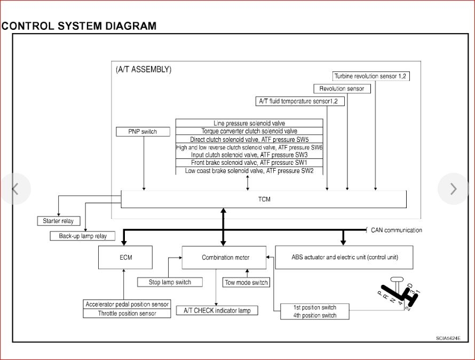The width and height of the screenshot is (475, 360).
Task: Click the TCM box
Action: tap(264, 199)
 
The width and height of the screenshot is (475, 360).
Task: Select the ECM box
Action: tap(126, 258)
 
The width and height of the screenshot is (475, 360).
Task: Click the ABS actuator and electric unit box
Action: tap(344, 257)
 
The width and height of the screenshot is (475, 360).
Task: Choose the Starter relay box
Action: tap(58, 221)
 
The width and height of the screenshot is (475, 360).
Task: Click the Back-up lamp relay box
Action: tap(83, 236)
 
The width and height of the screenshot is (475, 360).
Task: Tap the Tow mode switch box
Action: tap(246, 283)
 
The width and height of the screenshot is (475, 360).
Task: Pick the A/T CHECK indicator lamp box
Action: tap(217, 310)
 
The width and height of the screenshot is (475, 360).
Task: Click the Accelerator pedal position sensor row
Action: tap(127, 304)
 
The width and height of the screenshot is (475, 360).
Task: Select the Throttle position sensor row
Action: tap(127, 314)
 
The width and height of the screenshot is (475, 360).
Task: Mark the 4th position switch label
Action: tap(315, 315)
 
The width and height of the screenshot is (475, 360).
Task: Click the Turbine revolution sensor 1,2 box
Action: tap(371, 76)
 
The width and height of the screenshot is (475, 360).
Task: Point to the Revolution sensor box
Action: tap(342, 89)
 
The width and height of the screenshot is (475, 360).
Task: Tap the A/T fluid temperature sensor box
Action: tap(302, 101)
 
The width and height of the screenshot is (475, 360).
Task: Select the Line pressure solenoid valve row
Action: tap(249, 123)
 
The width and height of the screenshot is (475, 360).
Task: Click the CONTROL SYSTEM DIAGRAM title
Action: tap(79, 26)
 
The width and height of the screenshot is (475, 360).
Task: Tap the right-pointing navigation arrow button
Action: tap(453, 188)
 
